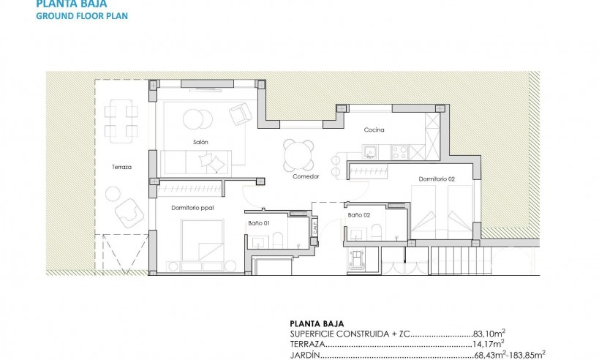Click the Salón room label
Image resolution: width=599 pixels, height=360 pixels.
201,143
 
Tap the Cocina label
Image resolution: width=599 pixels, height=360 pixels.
374,130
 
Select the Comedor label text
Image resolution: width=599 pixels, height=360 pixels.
306,176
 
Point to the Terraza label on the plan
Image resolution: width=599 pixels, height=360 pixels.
122,167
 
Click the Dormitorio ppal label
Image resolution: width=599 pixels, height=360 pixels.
191,209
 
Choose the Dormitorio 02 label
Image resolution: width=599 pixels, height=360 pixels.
437,179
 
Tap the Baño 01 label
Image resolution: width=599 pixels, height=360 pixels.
260,222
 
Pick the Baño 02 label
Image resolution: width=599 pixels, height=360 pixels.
358,215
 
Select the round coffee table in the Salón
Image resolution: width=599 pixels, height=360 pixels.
195,118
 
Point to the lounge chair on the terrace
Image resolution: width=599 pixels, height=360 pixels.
130,209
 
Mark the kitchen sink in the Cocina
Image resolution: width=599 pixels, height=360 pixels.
370,152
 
